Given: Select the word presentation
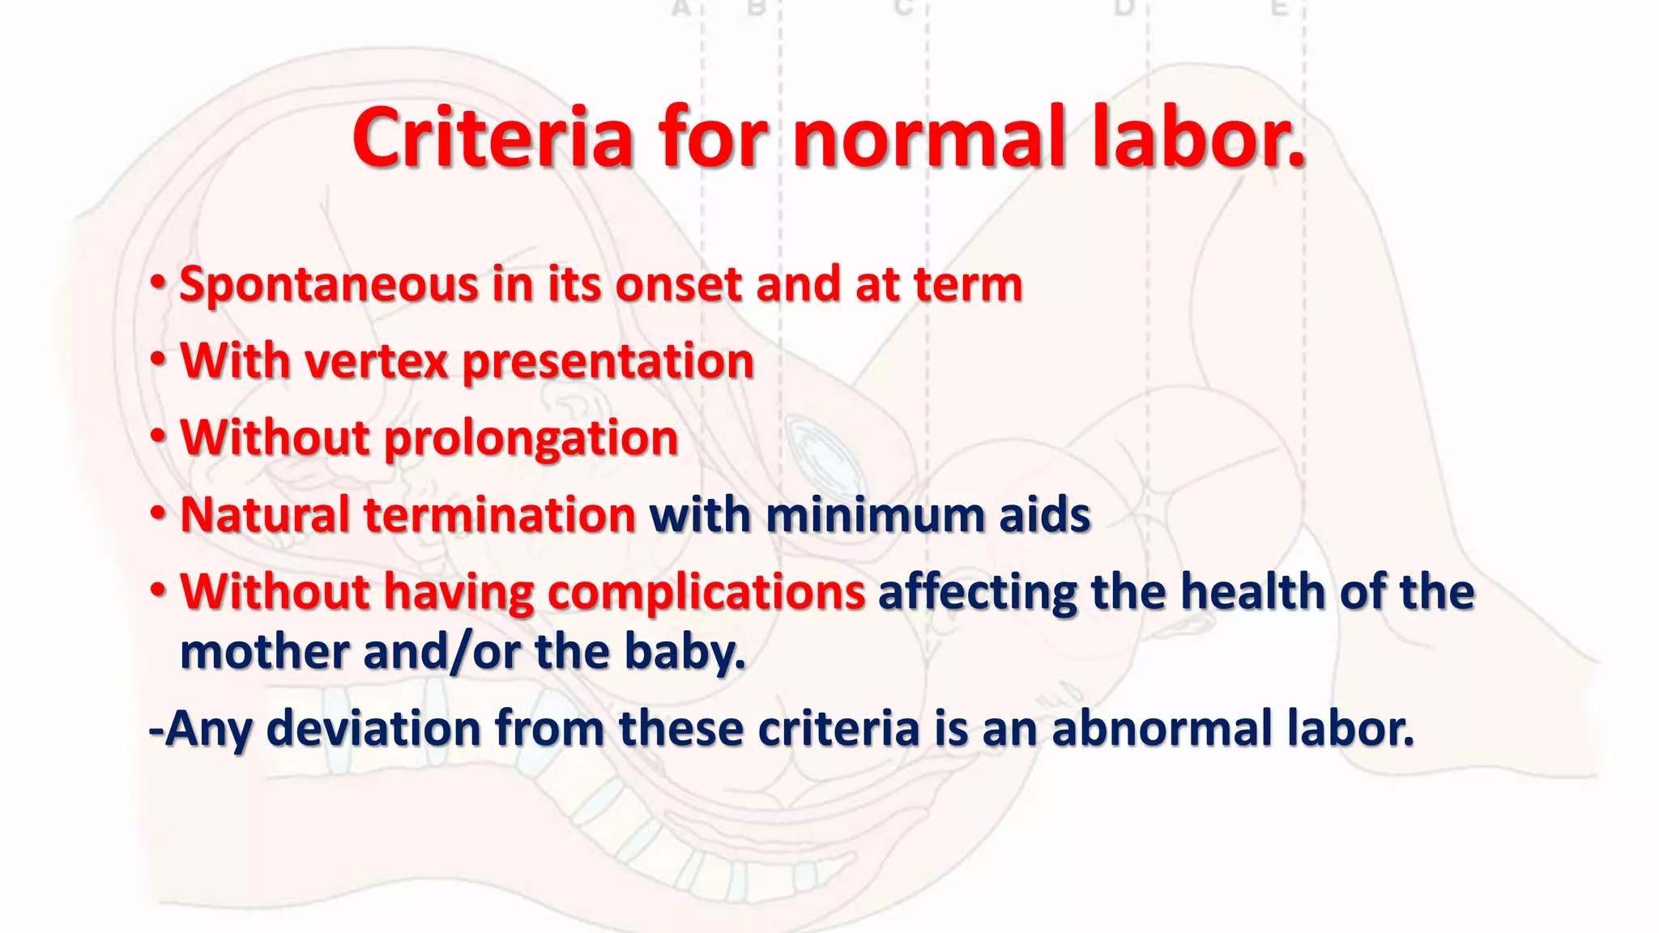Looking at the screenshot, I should [x=608, y=363].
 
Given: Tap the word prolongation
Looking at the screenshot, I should [x=531, y=439].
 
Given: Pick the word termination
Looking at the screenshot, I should [x=500, y=515].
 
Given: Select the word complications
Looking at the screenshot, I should [x=706, y=593].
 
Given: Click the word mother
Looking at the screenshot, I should [x=264, y=652].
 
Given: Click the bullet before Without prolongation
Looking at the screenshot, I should [x=159, y=437].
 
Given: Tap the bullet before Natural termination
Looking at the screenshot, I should [x=159, y=513].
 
